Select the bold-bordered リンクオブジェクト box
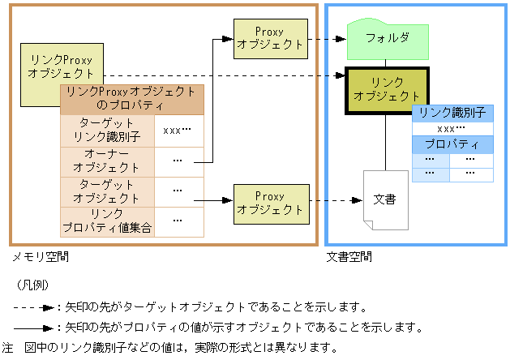pyautogui.click(x=386, y=90)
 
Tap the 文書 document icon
pyautogui.click(x=385, y=199)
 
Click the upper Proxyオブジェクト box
pyautogui.click(x=270, y=38)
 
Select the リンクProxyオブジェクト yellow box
pyautogui.click(x=60, y=66)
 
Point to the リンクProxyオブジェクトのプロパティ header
pyautogui.click(x=131, y=98)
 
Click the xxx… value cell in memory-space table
pyautogui.click(x=178, y=130)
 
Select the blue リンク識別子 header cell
pyautogui.click(x=452, y=113)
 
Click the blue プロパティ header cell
pyautogui.click(x=452, y=145)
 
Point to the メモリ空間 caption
pyautogui.click(x=40, y=257)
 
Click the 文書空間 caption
pyautogui.click(x=349, y=257)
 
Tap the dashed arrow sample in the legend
pyautogui.click(x=34, y=308)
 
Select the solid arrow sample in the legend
pyautogui.click(x=34, y=328)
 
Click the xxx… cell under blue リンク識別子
pyautogui.click(x=452, y=129)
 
